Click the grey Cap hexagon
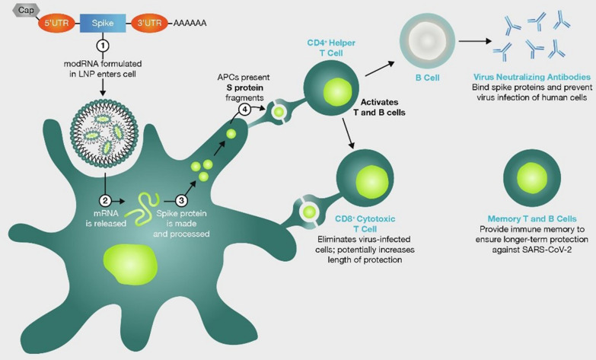(x=24, y=9)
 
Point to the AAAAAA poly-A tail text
(x=190, y=24)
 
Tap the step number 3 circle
(x=182, y=200)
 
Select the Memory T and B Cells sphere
(x=530, y=176)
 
